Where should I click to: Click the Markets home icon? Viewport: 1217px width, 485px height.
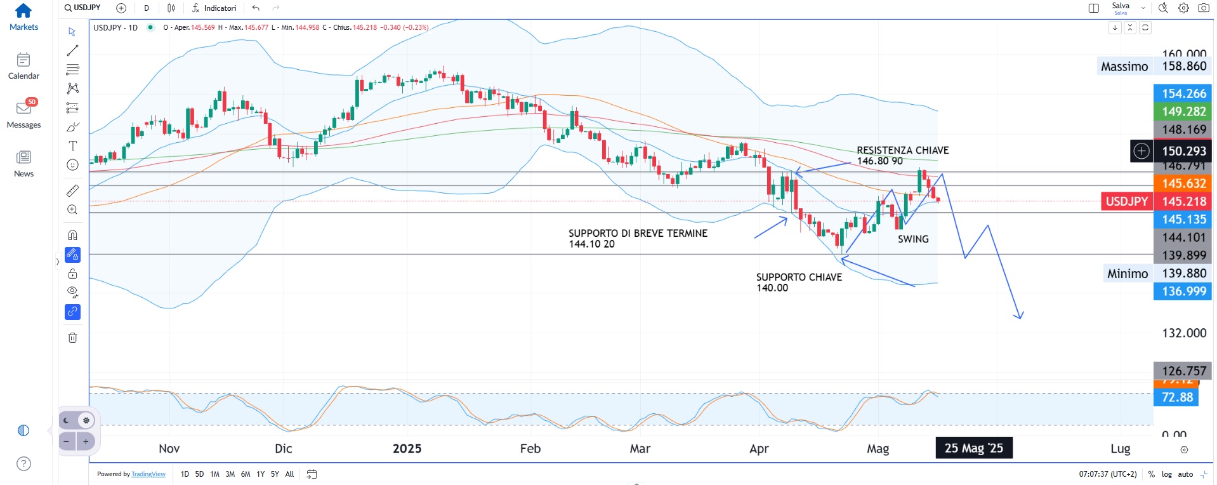pos(23,11)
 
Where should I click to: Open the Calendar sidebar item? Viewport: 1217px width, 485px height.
pos(23,60)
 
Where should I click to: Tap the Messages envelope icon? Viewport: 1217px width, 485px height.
pos(23,109)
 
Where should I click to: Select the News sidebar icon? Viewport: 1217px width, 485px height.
pos(23,157)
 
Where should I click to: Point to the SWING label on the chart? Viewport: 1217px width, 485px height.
pos(913,239)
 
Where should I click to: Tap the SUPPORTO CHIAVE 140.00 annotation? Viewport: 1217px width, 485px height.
pos(799,282)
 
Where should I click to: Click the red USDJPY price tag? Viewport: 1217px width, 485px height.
pos(1126,201)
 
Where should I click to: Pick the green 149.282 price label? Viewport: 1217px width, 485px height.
pos(1183,112)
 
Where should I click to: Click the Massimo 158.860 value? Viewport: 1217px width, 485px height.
pos(1184,67)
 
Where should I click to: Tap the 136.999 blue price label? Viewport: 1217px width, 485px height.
pos(1183,291)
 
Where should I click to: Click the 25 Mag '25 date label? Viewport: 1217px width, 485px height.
pos(973,448)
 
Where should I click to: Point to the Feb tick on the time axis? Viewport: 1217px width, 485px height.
pos(530,449)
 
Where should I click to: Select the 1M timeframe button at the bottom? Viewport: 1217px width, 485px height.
pos(214,474)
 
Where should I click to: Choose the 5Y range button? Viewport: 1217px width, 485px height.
pos(275,474)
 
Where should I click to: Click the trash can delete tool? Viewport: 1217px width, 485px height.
pos(73,338)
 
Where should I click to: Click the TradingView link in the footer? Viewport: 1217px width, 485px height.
pos(148,474)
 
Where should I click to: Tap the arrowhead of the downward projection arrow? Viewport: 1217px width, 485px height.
pos(1019,316)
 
